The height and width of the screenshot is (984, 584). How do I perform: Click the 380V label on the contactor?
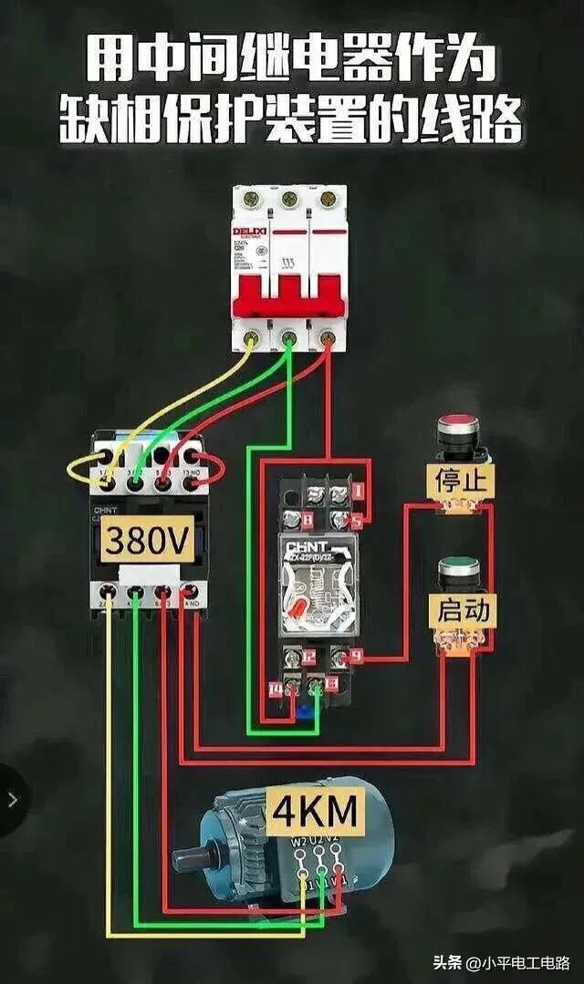coord(147,542)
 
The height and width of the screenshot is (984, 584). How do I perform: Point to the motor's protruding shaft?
coord(187,860)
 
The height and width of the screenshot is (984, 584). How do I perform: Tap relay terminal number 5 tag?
coord(356,521)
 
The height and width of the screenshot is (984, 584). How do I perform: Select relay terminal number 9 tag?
coord(356,655)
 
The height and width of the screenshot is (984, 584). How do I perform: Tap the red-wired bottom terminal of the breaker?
coord(328,339)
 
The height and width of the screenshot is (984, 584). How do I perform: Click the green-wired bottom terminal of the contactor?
coord(136,594)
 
